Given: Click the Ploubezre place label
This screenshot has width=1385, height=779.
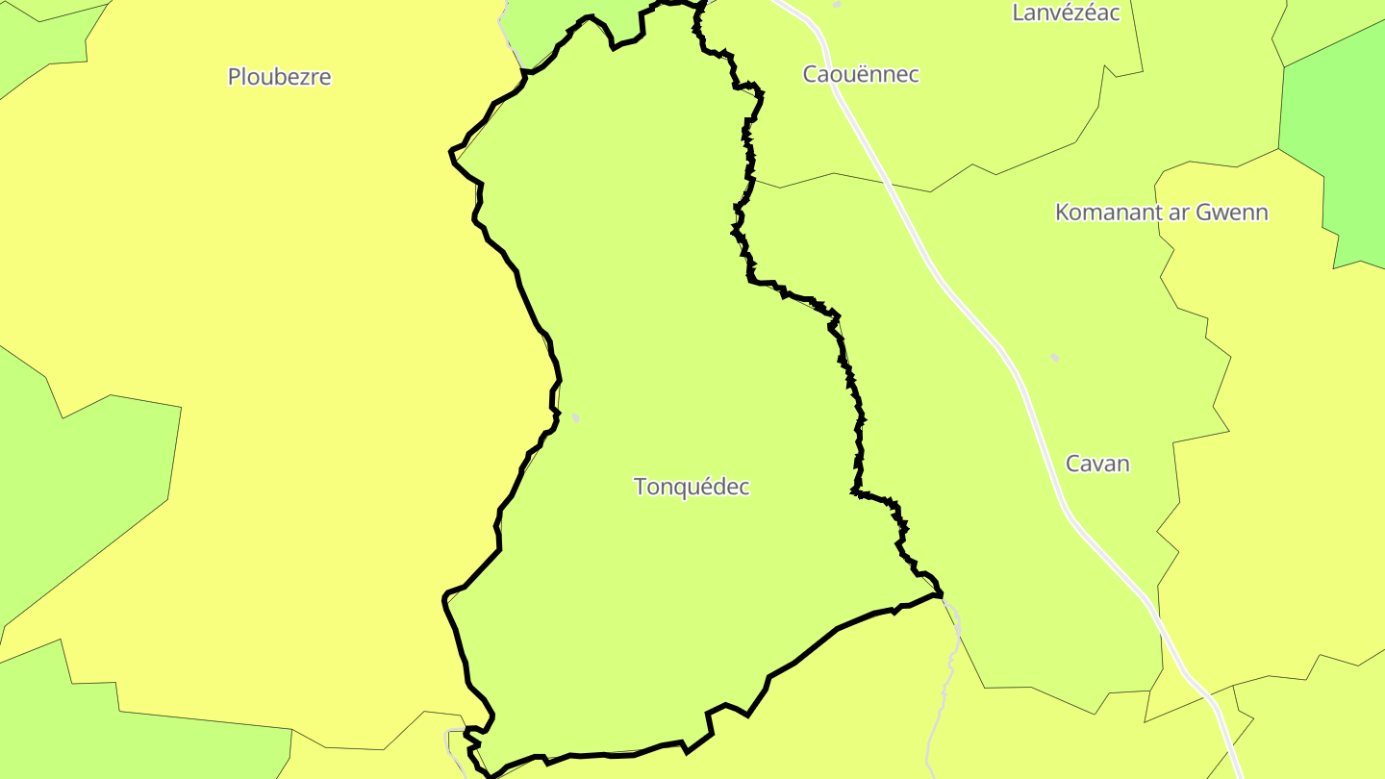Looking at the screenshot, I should click(x=279, y=77).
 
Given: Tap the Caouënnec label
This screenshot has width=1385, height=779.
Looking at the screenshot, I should click(x=861, y=74).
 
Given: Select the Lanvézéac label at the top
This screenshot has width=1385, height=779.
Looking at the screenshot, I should click(x=1066, y=13).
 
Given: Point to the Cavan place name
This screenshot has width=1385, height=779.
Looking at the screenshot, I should click(x=1097, y=464).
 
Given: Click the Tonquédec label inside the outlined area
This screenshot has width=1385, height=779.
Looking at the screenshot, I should click(x=692, y=487).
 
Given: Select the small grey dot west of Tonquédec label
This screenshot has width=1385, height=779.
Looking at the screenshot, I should click(x=575, y=417).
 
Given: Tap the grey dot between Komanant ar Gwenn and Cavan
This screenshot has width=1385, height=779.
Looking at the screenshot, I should click(x=1054, y=358).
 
